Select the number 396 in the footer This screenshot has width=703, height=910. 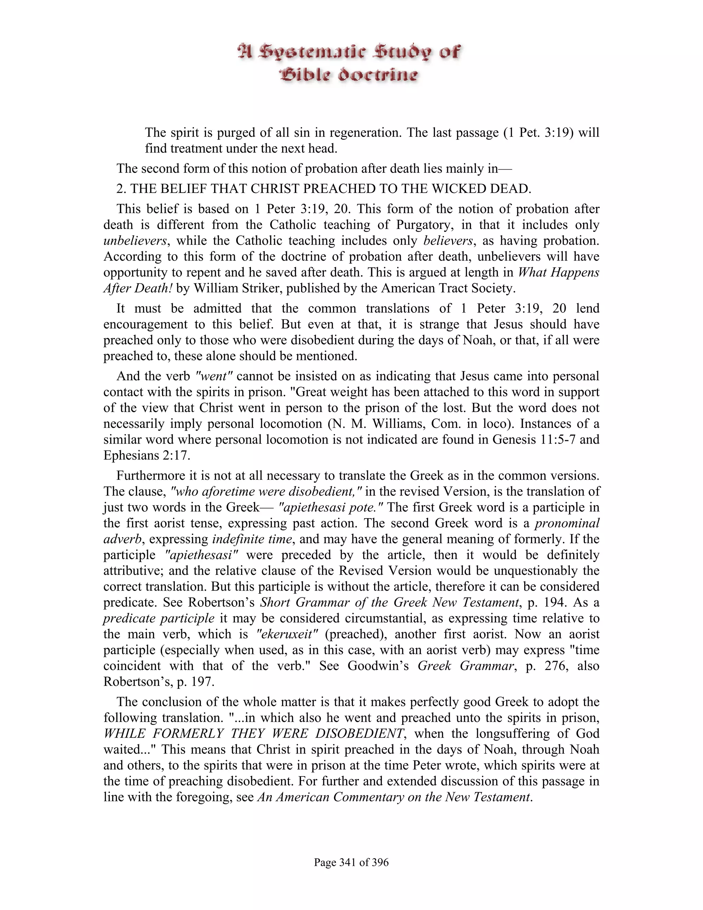(379, 862)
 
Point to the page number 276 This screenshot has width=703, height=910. (556, 666)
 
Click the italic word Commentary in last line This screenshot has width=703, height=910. (373, 797)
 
